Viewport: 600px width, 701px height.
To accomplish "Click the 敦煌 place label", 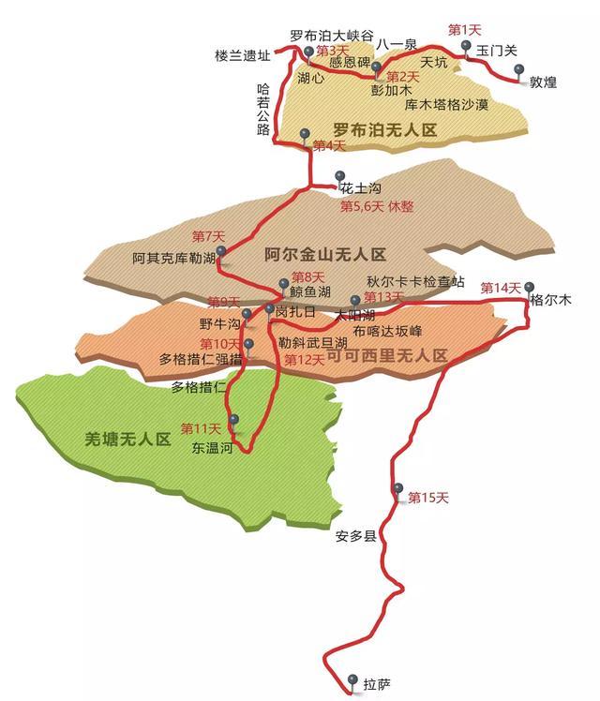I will [543, 82].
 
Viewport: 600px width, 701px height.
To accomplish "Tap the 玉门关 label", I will [496, 51].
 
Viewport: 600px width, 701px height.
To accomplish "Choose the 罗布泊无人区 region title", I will [384, 130].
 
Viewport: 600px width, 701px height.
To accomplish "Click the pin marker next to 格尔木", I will [530, 286].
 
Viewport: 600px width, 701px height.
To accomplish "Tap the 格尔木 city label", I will [550, 301].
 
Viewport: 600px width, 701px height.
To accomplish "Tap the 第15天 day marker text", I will [428, 497].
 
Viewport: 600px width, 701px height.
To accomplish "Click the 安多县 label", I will [354, 537].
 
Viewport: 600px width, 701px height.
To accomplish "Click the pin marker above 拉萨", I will [352, 679].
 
